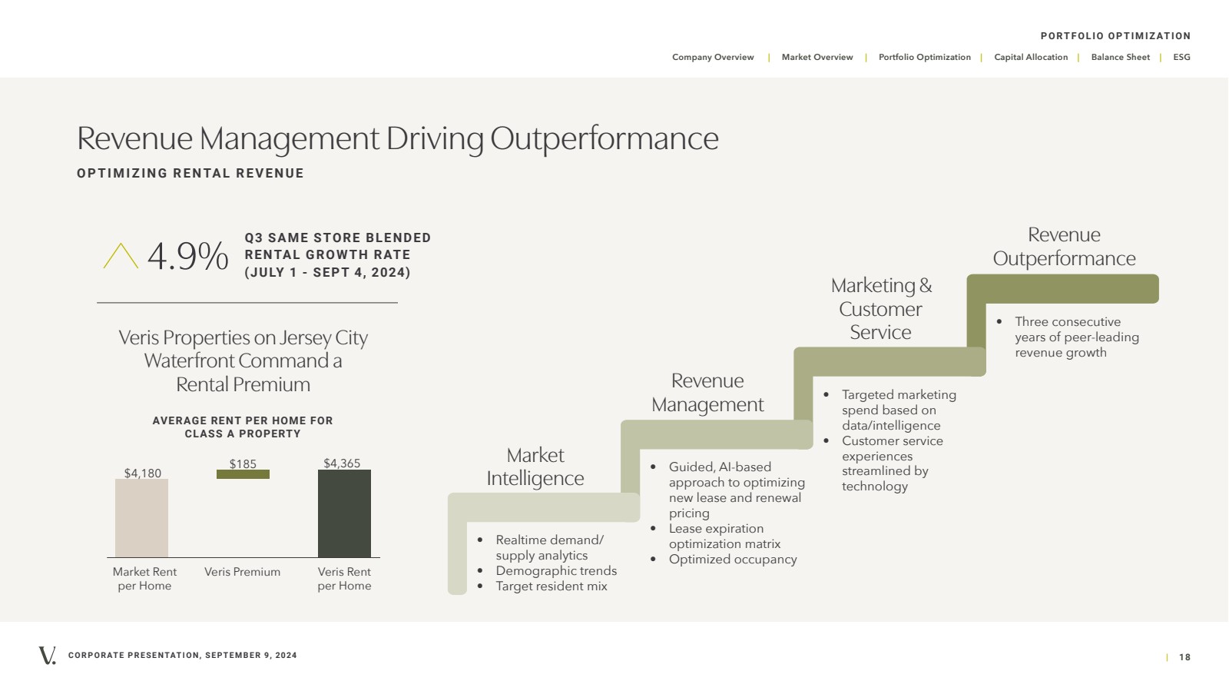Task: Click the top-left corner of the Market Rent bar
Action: click(115, 479)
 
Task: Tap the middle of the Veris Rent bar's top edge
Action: click(345, 470)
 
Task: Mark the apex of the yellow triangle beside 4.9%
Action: click(121, 244)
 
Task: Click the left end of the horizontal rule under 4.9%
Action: click(97, 302)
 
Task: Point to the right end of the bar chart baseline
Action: click(380, 557)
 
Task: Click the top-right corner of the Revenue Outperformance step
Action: click(1159, 274)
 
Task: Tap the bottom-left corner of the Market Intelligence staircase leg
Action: click(449, 594)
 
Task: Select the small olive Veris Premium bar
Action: click(243, 474)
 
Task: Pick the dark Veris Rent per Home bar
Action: click(345, 513)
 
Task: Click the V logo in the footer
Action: click(47, 656)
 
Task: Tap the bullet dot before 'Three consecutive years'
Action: click(999, 321)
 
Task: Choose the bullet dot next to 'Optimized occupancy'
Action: click(653, 560)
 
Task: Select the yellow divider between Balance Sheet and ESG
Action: click(1161, 58)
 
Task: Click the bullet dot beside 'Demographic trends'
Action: click(480, 571)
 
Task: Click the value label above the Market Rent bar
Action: click(143, 473)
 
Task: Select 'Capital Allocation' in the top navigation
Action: click(1031, 57)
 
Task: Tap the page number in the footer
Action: click(1184, 657)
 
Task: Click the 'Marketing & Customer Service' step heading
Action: click(881, 309)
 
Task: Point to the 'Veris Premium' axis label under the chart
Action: click(243, 572)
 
